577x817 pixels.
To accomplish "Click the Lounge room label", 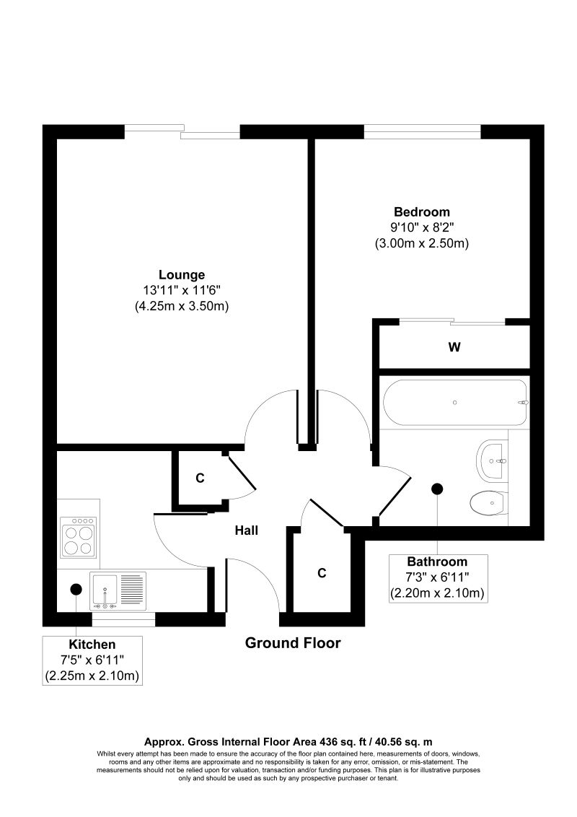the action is pos(182,274).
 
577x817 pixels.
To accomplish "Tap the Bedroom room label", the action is pos(422,212).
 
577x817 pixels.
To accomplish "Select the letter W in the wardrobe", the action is pos(454,347).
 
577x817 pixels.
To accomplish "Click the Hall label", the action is pos(247,530).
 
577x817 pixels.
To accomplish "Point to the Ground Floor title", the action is pos(293,643).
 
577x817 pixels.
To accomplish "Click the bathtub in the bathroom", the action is pos(455,403).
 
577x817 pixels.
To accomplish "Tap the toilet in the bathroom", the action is pos(487,503).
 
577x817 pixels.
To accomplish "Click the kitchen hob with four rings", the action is pos(79,537).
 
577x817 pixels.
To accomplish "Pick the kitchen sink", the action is pos(118,591).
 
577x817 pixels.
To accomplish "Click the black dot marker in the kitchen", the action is pos(76,590).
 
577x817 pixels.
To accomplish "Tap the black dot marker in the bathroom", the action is pos(437,489).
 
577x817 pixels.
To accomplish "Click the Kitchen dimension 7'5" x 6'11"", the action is pos(92,660).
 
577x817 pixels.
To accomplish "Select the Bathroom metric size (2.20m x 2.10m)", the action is pos(438,593).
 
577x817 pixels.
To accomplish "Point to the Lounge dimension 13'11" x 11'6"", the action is pos(182,290).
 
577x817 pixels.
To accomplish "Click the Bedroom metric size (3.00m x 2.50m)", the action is pos(422,243).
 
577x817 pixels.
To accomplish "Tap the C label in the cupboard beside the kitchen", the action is pos(200,478).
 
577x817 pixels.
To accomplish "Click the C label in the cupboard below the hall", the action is pos(322,573).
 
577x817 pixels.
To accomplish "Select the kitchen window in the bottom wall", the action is pos(123,619).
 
